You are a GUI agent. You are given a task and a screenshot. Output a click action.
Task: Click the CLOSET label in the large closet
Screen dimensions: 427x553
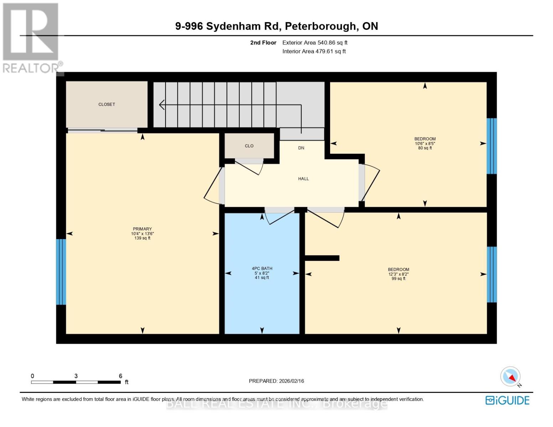106,104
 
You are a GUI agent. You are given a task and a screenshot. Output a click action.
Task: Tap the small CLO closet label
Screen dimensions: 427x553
249,146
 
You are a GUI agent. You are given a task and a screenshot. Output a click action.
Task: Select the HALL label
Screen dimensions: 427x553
303,179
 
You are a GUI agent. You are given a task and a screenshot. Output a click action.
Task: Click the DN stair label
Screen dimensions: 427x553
301,148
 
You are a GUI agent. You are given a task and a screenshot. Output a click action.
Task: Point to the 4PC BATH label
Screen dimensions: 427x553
262,269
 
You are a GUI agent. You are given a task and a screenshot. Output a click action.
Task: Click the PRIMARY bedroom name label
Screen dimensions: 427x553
142,229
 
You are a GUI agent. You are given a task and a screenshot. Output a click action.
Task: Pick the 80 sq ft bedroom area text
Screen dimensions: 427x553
425,148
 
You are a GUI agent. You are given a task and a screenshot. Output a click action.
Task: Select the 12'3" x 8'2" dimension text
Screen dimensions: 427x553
398,274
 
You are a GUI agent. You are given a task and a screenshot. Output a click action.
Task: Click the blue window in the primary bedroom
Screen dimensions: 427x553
61,272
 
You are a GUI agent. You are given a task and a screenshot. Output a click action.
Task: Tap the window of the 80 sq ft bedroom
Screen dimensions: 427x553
491,146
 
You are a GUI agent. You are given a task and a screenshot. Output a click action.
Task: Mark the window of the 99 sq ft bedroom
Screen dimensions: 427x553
491,274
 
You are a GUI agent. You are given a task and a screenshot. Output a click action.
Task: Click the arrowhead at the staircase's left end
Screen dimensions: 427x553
162,105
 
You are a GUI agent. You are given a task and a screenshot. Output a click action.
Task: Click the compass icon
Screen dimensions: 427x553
511,376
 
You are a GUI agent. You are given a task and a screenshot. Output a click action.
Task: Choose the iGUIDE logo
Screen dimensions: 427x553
507,400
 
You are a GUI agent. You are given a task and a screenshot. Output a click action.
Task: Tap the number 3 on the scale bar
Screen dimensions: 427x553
76,376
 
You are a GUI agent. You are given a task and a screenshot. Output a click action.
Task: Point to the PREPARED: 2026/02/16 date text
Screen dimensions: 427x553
276,381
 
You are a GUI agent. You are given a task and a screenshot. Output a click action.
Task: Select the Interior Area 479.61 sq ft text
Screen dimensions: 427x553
314,51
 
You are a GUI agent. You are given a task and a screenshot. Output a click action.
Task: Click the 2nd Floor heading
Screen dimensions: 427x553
263,43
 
